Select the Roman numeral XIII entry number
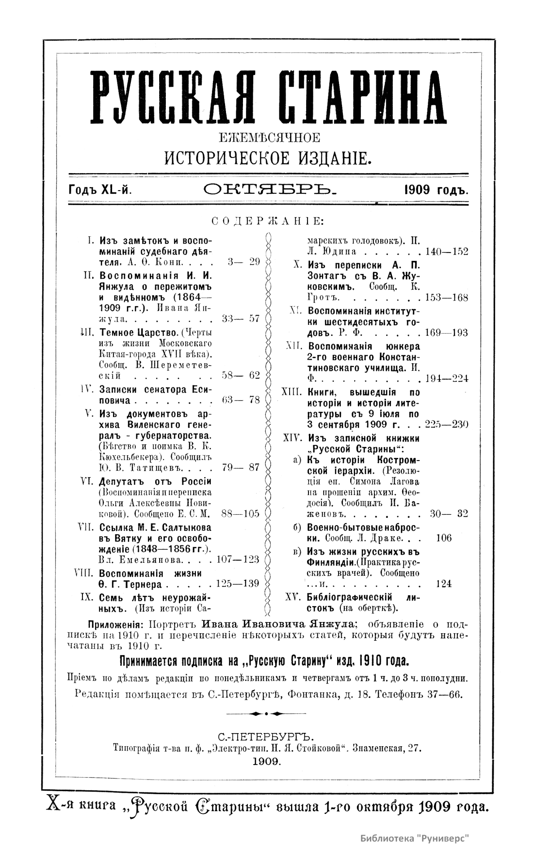[293, 392]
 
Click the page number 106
[443, 538]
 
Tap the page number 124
[443, 583]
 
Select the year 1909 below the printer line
[267, 761]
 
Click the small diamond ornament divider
[266, 713]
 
